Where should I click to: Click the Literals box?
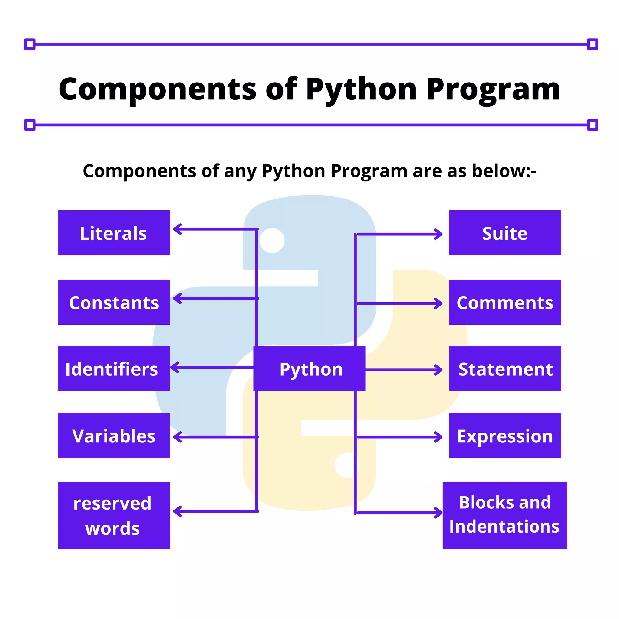click(x=114, y=233)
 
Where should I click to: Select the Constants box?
click(x=114, y=302)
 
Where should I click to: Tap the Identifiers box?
click(x=114, y=368)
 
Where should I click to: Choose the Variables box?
click(x=114, y=436)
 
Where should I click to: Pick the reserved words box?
click(x=114, y=516)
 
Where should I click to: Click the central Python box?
click(x=309, y=368)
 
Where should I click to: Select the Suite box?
click(x=505, y=233)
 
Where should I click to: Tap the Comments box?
click(x=505, y=302)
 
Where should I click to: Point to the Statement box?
click(x=505, y=368)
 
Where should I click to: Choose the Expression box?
click(x=505, y=436)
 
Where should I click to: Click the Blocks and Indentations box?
click(x=505, y=516)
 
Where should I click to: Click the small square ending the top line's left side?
click(x=30, y=44)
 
